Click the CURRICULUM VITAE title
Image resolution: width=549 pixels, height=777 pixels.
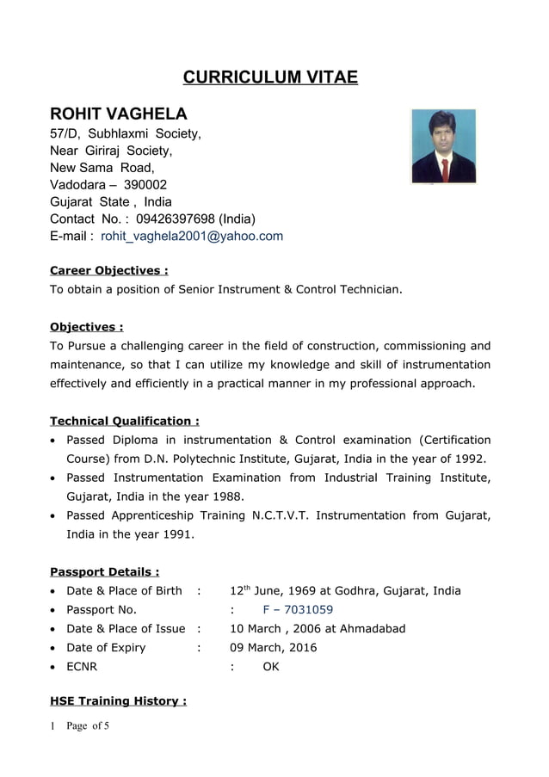(270, 77)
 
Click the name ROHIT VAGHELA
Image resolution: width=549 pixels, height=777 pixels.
(118, 114)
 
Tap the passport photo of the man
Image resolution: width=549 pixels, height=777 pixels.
(443, 146)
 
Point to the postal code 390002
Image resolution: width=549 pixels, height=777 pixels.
(145, 184)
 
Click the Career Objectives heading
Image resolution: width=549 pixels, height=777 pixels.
(108, 270)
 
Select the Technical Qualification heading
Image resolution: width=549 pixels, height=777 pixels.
(125, 421)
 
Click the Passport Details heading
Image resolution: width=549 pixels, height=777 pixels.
(104, 571)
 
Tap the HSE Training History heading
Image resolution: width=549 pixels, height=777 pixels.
(118, 700)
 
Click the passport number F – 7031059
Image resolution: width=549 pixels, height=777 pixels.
(298, 610)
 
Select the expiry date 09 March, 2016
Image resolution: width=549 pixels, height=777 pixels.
(274, 647)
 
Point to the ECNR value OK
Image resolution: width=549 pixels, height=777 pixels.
(271, 666)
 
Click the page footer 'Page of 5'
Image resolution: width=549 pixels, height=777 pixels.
(87, 726)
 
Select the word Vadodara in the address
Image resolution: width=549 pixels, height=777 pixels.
(77, 184)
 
